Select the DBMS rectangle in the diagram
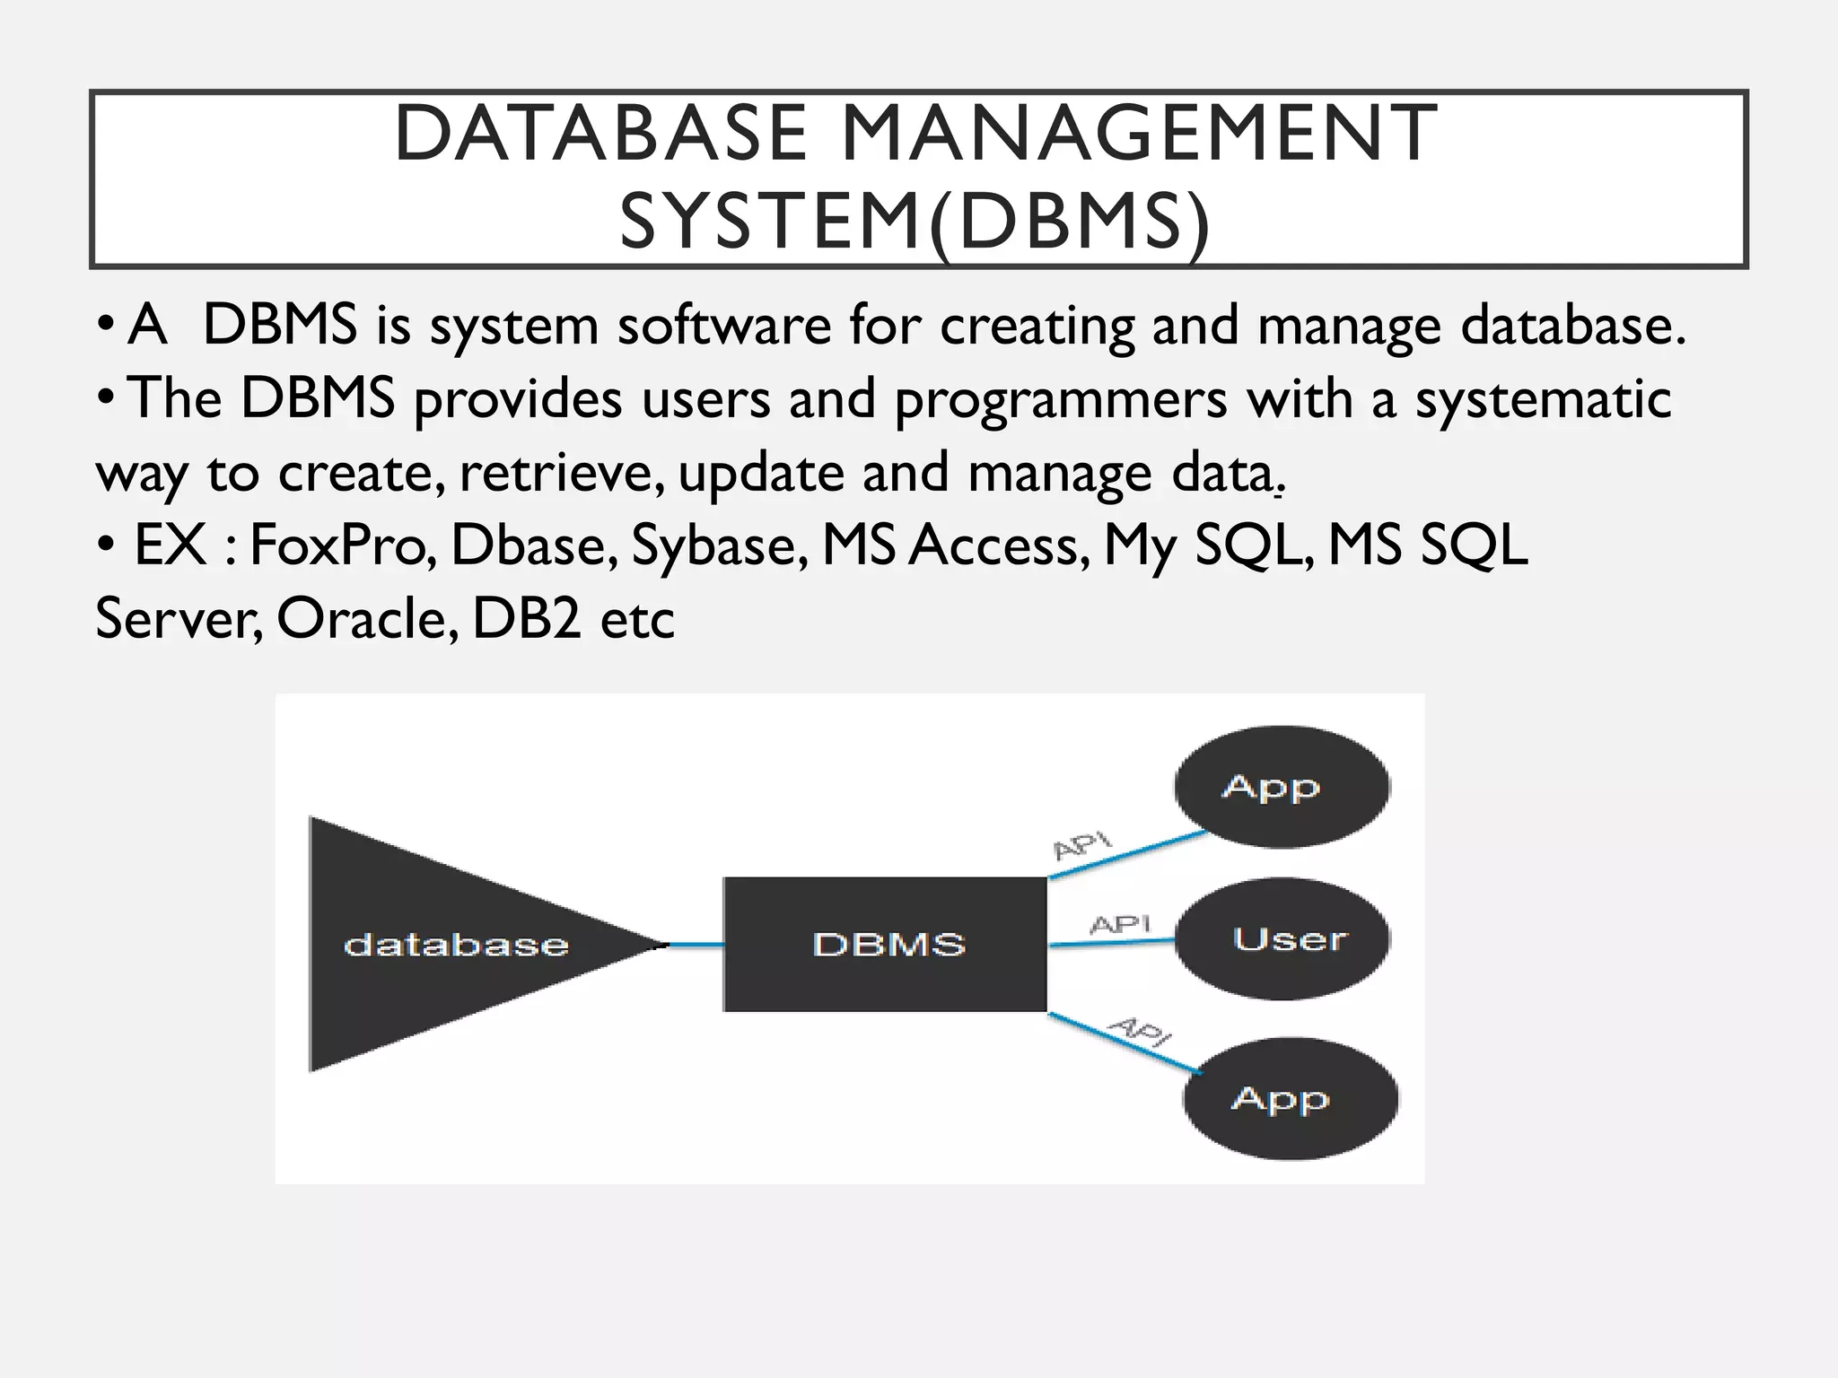pos(886,944)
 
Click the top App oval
pos(1281,787)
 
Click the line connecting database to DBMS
pos(696,945)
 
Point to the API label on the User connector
pos(1119,924)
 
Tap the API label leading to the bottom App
pos(1140,1032)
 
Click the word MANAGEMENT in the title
pos(1139,135)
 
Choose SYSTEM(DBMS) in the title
pos(915,222)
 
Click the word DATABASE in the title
pos(600,135)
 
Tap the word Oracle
pos(367,618)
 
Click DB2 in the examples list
pos(527,618)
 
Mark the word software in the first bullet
pos(724,325)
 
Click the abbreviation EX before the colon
pos(170,545)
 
